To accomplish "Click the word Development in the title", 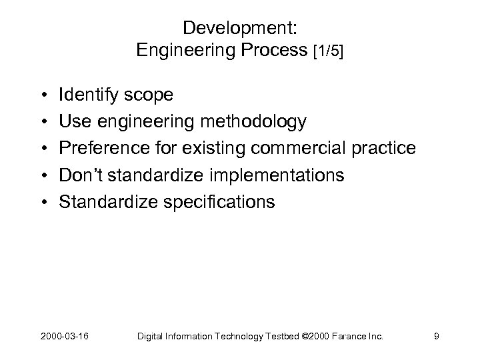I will pyautogui.click(x=237, y=28).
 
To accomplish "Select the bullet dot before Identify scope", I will pyautogui.click(x=43, y=96).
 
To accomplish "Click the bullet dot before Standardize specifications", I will pyautogui.click(x=43, y=202).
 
